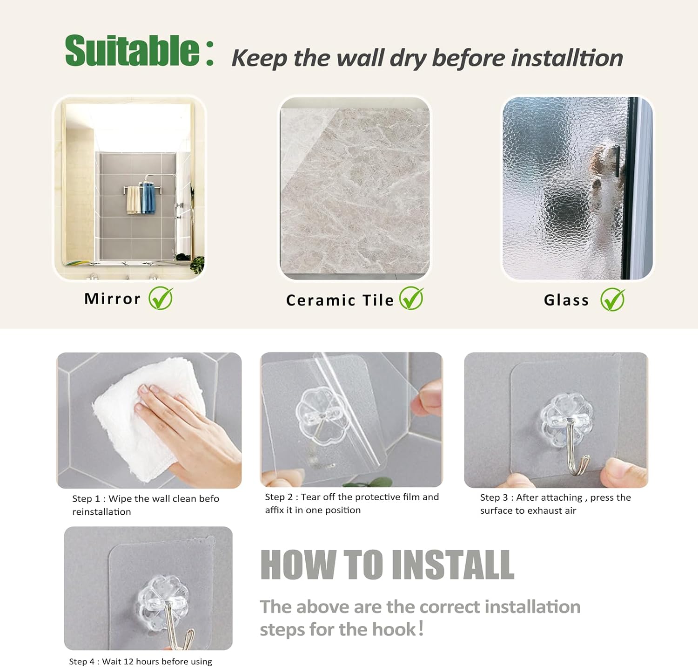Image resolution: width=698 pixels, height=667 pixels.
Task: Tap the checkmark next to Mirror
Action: pyautogui.click(x=161, y=298)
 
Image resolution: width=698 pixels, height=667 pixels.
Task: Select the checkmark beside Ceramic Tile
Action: pyautogui.click(x=412, y=298)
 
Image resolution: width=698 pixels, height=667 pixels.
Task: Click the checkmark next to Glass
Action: pyautogui.click(x=612, y=299)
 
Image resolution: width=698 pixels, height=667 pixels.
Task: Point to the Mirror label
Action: pyautogui.click(x=112, y=299)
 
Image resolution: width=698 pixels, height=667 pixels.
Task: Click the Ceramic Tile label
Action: pyautogui.click(x=340, y=300)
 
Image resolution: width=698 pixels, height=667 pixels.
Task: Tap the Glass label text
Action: pyautogui.click(x=566, y=300)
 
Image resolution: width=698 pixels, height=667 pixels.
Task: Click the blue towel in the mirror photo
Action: pyautogui.click(x=148, y=198)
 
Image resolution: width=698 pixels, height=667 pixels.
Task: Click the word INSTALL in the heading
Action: pyautogui.click(x=453, y=565)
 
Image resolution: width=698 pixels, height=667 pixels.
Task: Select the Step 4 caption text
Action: pyautogui.click(x=141, y=661)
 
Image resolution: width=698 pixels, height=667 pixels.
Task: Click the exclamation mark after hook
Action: pyautogui.click(x=421, y=628)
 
